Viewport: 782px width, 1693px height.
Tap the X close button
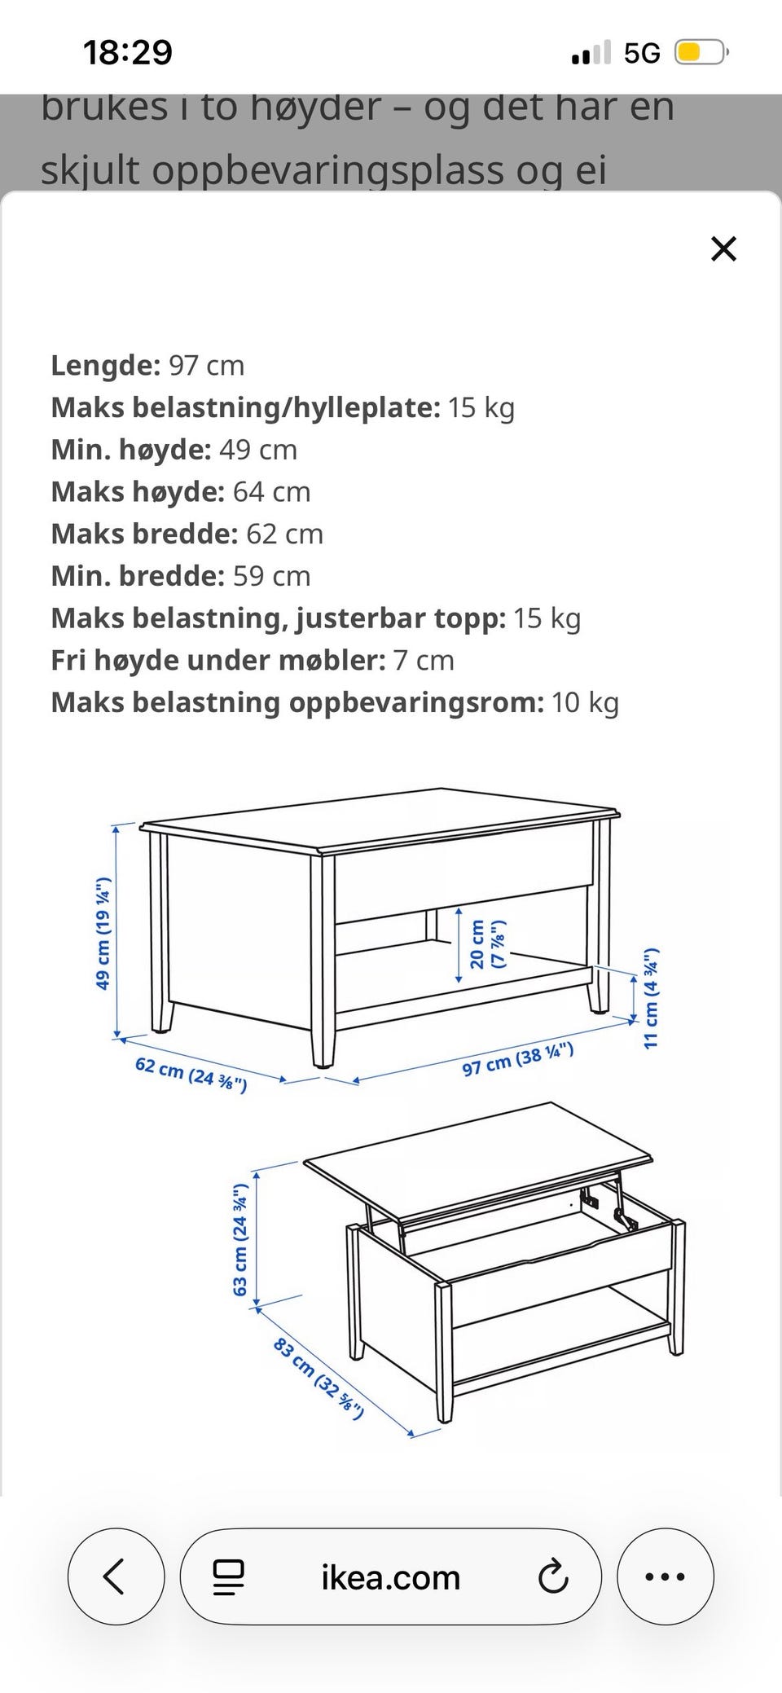pyautogui.click(x=723, y=249)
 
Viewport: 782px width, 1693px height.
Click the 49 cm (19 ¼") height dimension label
pyautogui.click(x=103, y=934)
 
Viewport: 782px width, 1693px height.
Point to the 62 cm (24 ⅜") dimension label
pyautogui.click(x=191, y=1075)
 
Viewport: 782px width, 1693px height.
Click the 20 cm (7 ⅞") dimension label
pyautogui.click(x=486, y=943)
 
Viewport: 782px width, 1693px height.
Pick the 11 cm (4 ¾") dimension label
pyautogui.click(x=652, y=998)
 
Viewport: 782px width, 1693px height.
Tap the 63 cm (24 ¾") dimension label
pyautogui.click(x=240, y=1238)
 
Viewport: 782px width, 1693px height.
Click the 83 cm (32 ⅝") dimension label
pyautogui.click(x=318, y=1378)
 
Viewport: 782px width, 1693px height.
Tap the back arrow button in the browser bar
pyautogui.click(x=115, y=1576)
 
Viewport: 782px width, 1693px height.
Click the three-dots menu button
pyautogui.click(x=665, y=1576)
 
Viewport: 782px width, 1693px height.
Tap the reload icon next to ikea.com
pyautogui.click(x=553, y=1576)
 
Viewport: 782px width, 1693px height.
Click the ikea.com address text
pyautogui.click(x=391, y=1577)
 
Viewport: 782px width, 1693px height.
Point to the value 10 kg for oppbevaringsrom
pyautogui.click(x=585, y=702)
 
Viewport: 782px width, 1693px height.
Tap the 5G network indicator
pyautogui.click(x=642, y=54)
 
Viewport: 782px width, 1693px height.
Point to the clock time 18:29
pyautogui.click(x=128, y=53)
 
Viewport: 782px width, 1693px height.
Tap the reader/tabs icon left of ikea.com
pyautogui.click(x=229, y=1576)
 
